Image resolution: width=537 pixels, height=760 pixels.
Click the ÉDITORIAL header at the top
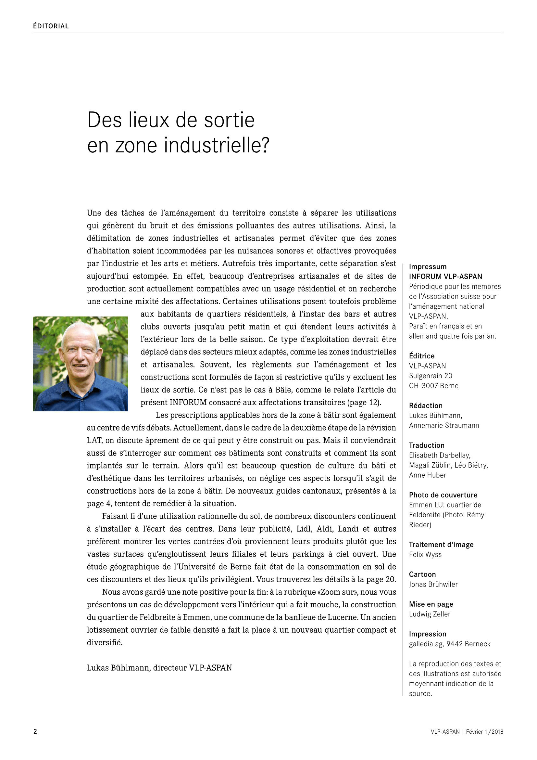pos(51,26)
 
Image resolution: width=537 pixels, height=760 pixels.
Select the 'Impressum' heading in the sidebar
pos(428,267)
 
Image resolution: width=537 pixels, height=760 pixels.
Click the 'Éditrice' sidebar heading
pos(422,356)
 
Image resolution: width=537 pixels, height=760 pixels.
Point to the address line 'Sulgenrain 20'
pos(431,376)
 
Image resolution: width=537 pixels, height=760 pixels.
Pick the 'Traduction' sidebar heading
pos(427,445)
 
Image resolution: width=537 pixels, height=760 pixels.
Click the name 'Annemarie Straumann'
pos(444,426)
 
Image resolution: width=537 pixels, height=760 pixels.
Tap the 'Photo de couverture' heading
pos(443,495)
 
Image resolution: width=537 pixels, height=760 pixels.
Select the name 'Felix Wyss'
pos(425,555)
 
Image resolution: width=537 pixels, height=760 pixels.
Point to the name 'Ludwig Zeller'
pos(430,614)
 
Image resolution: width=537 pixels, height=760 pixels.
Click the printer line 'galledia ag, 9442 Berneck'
pos(450,644)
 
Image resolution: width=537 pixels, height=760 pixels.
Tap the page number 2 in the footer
pos(35,731)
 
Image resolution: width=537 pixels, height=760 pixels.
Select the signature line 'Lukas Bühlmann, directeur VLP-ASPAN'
pos(159,668)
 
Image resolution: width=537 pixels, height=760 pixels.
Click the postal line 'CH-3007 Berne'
pos(433,386)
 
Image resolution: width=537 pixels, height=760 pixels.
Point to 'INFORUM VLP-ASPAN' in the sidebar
pos(445,277)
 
